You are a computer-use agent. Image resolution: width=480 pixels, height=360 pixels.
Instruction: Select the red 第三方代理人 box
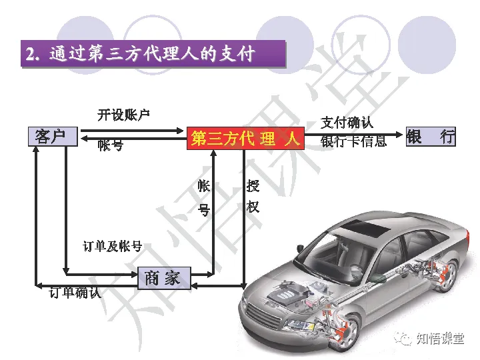click(x=245, y=139)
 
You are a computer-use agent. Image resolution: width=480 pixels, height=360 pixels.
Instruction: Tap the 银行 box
click(x=431, y=137)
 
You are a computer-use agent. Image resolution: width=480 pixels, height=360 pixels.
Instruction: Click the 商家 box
click(x=163, y=278)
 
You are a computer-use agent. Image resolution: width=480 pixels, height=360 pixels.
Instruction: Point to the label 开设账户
click(x=124, y=115)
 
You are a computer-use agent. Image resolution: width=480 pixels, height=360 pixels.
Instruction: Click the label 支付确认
click(x=347, y=123)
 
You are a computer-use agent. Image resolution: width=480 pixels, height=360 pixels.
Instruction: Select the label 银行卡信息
click(x=353, y=141)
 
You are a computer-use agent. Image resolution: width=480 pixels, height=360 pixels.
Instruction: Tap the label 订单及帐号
click(x=112, y=247)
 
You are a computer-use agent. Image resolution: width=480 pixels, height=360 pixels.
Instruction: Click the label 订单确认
click(x=75, y=293)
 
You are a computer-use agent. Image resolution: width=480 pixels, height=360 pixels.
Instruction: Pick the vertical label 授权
click(x=253, y=197)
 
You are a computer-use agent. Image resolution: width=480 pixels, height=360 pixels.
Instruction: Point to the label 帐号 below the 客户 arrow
click(x=110, y=146)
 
